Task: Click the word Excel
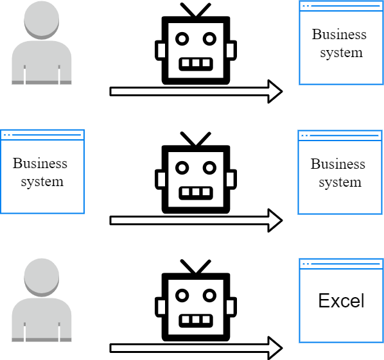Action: point(341,300)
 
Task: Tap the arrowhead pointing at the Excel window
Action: point(275,348)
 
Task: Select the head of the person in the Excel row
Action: point(41,277)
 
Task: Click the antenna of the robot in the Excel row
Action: point(196,266)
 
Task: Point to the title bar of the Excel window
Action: point(341,264)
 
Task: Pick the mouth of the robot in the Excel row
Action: point(196,321)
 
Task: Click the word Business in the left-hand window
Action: point(40,163)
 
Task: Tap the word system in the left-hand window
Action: point(42,182)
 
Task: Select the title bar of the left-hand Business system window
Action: point(42,135)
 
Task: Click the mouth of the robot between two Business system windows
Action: point(196,193)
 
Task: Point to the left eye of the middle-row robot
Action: point(182,167)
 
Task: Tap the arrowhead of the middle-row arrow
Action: point(275,221)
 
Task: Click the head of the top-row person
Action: point(41,20)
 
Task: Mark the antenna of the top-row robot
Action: point(196,10)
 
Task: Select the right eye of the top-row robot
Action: point(209,39)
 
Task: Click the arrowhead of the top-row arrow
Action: point(275,92)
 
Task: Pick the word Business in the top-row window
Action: point(339,34)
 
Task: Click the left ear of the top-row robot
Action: point(159,51)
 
